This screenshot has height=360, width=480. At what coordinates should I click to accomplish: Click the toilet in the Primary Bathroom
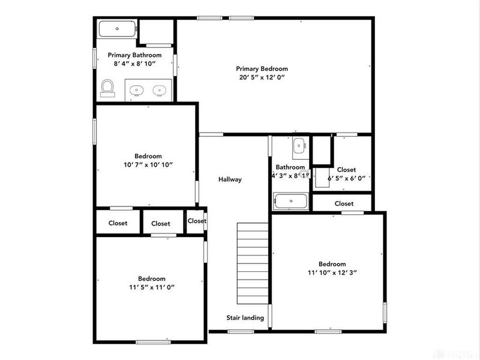pyautogui.click(x=107, y=88)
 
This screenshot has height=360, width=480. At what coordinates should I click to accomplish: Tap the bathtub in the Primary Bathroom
pyautogui.click(x=118, y=29)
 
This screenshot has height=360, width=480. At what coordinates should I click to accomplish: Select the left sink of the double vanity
pyautogui.click(x=137, y=91)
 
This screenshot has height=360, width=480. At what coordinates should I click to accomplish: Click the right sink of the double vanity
pyautogui.click(x=159, y=91)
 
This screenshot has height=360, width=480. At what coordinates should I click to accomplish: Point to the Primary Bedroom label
pyautogui.click(x=262, y=69)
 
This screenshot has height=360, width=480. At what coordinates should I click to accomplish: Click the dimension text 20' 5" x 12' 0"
pyautogui.click(x=262, y=77)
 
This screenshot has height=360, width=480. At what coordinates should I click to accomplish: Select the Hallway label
pyautogui.click(x=230, y=179)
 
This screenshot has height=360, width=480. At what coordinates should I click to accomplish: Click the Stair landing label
pyautogui.click(x=245, y=317)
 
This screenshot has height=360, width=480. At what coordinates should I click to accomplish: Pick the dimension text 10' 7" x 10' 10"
pyautogui.click(x=148, y=164)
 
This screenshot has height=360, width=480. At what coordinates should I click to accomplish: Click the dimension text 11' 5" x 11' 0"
pyautogui.click(x=152, y=287)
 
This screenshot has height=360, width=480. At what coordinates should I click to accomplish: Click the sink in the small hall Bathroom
pyautogui.click(x=299, y=145)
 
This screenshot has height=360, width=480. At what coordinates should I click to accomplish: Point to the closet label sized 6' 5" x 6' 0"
pyautogui.click(x=346, y=170)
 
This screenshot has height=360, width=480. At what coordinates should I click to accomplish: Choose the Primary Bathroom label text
pyautogui.click(x=134, y=55)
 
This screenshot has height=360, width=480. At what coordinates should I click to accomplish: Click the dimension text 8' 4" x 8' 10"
pyautogui.click(x=134, y=64)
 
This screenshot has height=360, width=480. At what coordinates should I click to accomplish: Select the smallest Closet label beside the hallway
pyautogui.click(x=197, y=221)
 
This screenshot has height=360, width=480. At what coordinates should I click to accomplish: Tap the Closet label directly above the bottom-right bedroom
pyautogui.click(x=344, y=203)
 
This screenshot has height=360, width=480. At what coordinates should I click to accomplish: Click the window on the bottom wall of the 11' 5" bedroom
pyautogui.click(x=150, y=342)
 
